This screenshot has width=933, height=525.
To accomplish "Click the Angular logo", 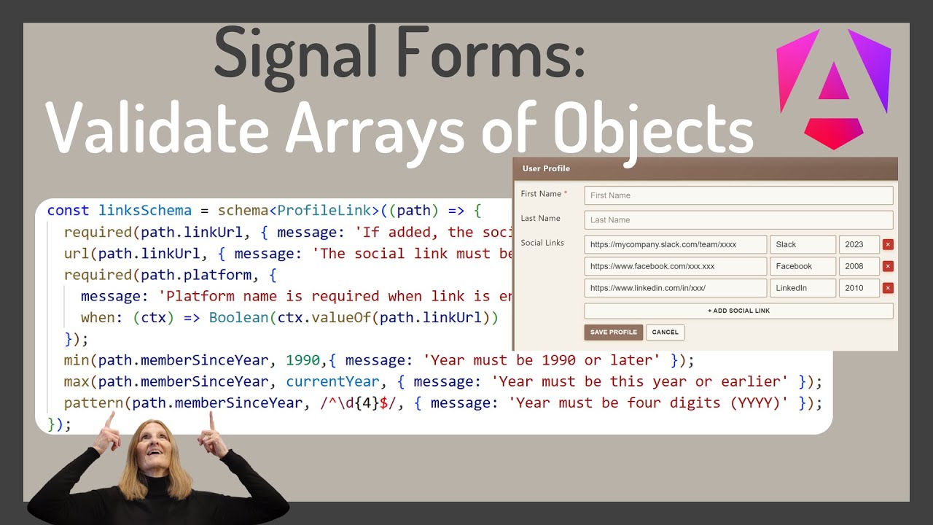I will (833, 86).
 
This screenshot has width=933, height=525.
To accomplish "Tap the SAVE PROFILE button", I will (613, 332).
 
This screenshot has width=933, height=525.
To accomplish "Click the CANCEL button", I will (665, 332).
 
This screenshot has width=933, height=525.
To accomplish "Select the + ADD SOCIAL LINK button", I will (738, 311).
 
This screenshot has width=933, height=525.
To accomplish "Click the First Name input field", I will (738, 195).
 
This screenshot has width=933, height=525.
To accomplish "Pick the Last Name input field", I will (738, 219).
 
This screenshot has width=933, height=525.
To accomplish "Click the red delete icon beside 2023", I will (888, 245).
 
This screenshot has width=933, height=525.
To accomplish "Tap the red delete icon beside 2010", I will (888, 288).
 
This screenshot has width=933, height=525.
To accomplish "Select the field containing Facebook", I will (803, 266).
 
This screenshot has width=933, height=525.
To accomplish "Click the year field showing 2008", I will (859, 266).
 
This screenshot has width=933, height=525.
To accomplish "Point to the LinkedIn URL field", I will (675, 288).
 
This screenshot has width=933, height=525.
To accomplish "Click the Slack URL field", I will (675, 244).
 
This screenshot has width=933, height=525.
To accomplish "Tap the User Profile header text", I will (546, 168).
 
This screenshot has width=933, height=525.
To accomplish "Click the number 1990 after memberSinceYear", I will (302, 360).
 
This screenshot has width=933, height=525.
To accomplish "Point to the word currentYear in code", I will (332, 381).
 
